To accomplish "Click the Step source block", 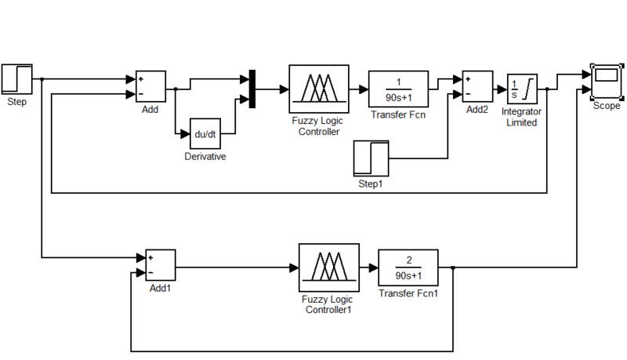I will point(16,79).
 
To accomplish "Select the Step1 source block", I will point(371,159).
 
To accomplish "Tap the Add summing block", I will point(150,86).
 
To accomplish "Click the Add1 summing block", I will point(160,266).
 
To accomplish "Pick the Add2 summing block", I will point(477,86).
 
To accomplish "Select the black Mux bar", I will point(252,89).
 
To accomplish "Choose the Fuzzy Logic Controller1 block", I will point(328,267).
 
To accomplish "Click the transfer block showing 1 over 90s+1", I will point(398,89).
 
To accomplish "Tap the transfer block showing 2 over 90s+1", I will point(408,268).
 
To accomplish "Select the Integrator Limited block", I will point(520,89).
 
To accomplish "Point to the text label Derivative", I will point(205,157).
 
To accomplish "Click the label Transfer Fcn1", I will point(408,294).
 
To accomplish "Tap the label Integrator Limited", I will point(521,117).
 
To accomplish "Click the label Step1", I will point(371,185).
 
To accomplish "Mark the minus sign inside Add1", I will point(149,273).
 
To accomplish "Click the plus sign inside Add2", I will point(468,79).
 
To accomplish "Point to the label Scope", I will point(606,106).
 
